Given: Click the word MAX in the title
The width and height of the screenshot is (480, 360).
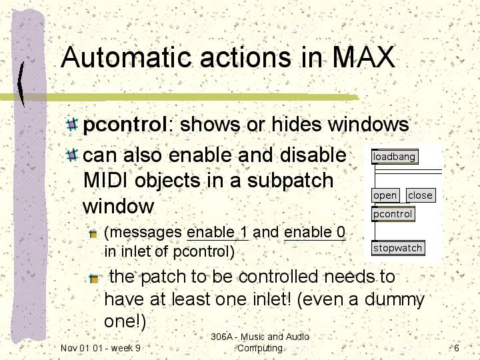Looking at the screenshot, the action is click(x=364, y=57).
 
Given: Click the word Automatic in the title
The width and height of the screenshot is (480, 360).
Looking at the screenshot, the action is click(x=126, y=57).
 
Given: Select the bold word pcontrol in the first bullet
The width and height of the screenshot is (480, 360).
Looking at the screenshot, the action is click(x=125, y=125).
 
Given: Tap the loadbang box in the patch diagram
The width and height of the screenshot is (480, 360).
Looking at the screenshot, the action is click(x=395, y=157).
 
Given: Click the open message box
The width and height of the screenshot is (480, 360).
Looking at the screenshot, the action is click(x=385, y=195).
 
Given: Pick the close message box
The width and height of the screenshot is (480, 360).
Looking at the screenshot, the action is click(x=421, y=195).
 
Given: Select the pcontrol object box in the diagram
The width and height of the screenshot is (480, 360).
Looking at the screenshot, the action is click(x=393, y=214).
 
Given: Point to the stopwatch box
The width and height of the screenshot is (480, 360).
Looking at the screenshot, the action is click(x=398, y=248).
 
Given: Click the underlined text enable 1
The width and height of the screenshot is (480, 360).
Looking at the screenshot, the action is click(x=217, y=233).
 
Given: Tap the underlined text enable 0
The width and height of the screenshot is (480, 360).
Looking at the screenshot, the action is click(x=315, y=233).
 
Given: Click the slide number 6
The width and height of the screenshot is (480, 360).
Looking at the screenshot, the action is click(x=457, y=348).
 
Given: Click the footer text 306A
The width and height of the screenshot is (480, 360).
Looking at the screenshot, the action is click(x=221, y=337).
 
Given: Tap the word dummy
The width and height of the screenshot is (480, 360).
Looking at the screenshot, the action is click(x=394, y=300).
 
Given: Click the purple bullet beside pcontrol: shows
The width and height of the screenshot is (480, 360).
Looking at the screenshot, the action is click(x=72, y=125).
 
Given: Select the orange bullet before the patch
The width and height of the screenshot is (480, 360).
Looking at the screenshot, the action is click(x=94, y=279).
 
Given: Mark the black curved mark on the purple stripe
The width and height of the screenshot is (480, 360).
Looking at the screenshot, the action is click(x=21, y=84).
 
